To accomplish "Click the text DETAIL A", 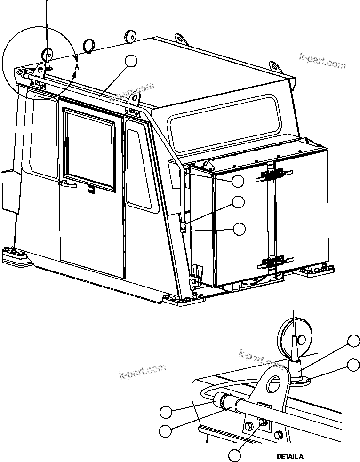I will tap(290, 456).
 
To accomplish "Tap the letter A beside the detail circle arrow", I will tap(77, 67).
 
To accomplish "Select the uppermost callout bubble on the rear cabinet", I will tap(238, 181).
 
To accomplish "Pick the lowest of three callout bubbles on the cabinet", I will tap(240, 229).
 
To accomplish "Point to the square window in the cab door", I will tap(89, 150).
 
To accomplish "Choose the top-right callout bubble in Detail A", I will tap(354, 341).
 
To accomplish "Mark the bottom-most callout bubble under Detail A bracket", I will tap(235, 455).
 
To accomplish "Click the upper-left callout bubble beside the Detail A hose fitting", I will tap(166, 412).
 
